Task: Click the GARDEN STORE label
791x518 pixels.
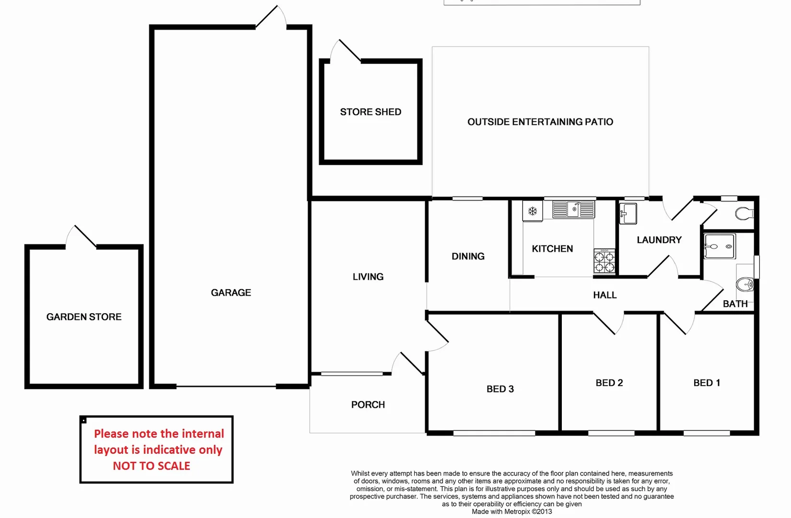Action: click(x=84, y=317)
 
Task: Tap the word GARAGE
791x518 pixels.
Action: click(x=231, y=293)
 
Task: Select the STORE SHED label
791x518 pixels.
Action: click(x=371, y=112)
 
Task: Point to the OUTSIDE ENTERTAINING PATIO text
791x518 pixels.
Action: click(x=540, y=122)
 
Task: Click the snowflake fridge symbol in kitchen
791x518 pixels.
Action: click(x=532, y=211)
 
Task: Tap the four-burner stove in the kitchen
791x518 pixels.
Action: click(x=604, y=261)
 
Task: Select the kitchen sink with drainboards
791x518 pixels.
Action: click(x=573, y=209)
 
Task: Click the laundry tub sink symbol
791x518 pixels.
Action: click(x=628, y=213)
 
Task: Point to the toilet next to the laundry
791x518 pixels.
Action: click(x=744, y=213)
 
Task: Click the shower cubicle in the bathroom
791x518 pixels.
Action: click(x=720, y=246)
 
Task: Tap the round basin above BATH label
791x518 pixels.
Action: click(x=745, y=284)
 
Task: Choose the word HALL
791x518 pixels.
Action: click(x=605, y=295)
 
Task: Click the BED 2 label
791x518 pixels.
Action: click(x=609, y=383)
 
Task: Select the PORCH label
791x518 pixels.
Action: click(x=368, y=405)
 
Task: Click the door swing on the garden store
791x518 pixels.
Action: click(x=81, y=236)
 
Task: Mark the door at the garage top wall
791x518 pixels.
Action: click(x=271, y=17)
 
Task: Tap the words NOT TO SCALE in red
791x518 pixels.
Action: click(x=151, y=466)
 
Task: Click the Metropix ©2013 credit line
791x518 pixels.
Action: click(x=512, y=512)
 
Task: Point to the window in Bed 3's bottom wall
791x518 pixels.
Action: click(x=494, y=433)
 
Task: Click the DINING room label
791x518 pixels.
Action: click(x=468, y=257)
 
